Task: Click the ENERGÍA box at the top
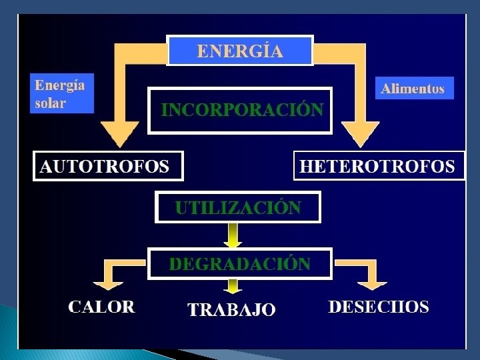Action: point(239,51)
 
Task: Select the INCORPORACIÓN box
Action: point(239,110)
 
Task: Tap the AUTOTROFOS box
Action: point(108,166)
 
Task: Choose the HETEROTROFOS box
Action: point(379,166)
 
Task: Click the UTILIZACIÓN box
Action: point(238,207)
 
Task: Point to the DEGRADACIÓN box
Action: point(239,263)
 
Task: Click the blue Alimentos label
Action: point(414,89)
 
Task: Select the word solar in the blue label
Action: point(51,104)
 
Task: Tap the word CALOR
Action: point(101,307)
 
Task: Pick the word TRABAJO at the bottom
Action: point(231,309)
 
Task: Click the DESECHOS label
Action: point(378,307)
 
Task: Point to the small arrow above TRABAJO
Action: point(233,287)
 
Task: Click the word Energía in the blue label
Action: point(60,86)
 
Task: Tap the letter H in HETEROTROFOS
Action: point(307,166)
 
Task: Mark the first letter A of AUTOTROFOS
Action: point(46,166)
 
